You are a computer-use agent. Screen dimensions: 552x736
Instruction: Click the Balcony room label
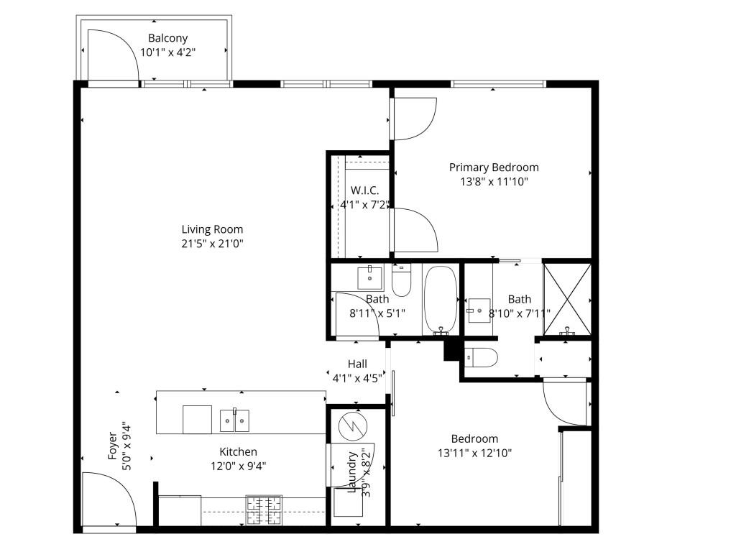pyautogui.click(x=167, y=38)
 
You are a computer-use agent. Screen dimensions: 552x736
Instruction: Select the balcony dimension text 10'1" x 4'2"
pyautogui.click(x=167, y=52)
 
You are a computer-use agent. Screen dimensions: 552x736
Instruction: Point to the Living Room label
pyautogui.click(x=212, y=229)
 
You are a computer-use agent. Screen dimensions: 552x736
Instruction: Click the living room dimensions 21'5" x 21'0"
pyautogui.click(x=212, y=243)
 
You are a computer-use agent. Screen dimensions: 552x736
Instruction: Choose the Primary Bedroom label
pyautogui.click(x=494, y=167)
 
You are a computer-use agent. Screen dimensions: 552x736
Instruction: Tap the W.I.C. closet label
pyautogui.click(x=364, y=190)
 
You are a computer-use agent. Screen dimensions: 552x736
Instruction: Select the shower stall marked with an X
pyautogui.click(x=567, y=298)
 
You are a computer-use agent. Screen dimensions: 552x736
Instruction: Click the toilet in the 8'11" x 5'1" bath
pyautogui.click(x=401, y=280)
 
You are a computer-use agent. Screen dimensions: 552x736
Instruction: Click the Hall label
pyautogui.click(x=357, y=364)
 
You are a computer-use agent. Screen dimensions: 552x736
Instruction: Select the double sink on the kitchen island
pyautogui.click(x=234, y=420)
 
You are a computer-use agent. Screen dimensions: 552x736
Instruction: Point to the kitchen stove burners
pyautogui.click(x=264, y=511)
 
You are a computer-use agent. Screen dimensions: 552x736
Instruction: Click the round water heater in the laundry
pyautogui.click(x=353, y=426)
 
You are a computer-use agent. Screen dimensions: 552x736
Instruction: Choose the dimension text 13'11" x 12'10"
pyautogui.click(x=474, y=453)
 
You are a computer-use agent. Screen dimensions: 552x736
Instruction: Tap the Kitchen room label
pyautogui.click(x=238, y=452)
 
